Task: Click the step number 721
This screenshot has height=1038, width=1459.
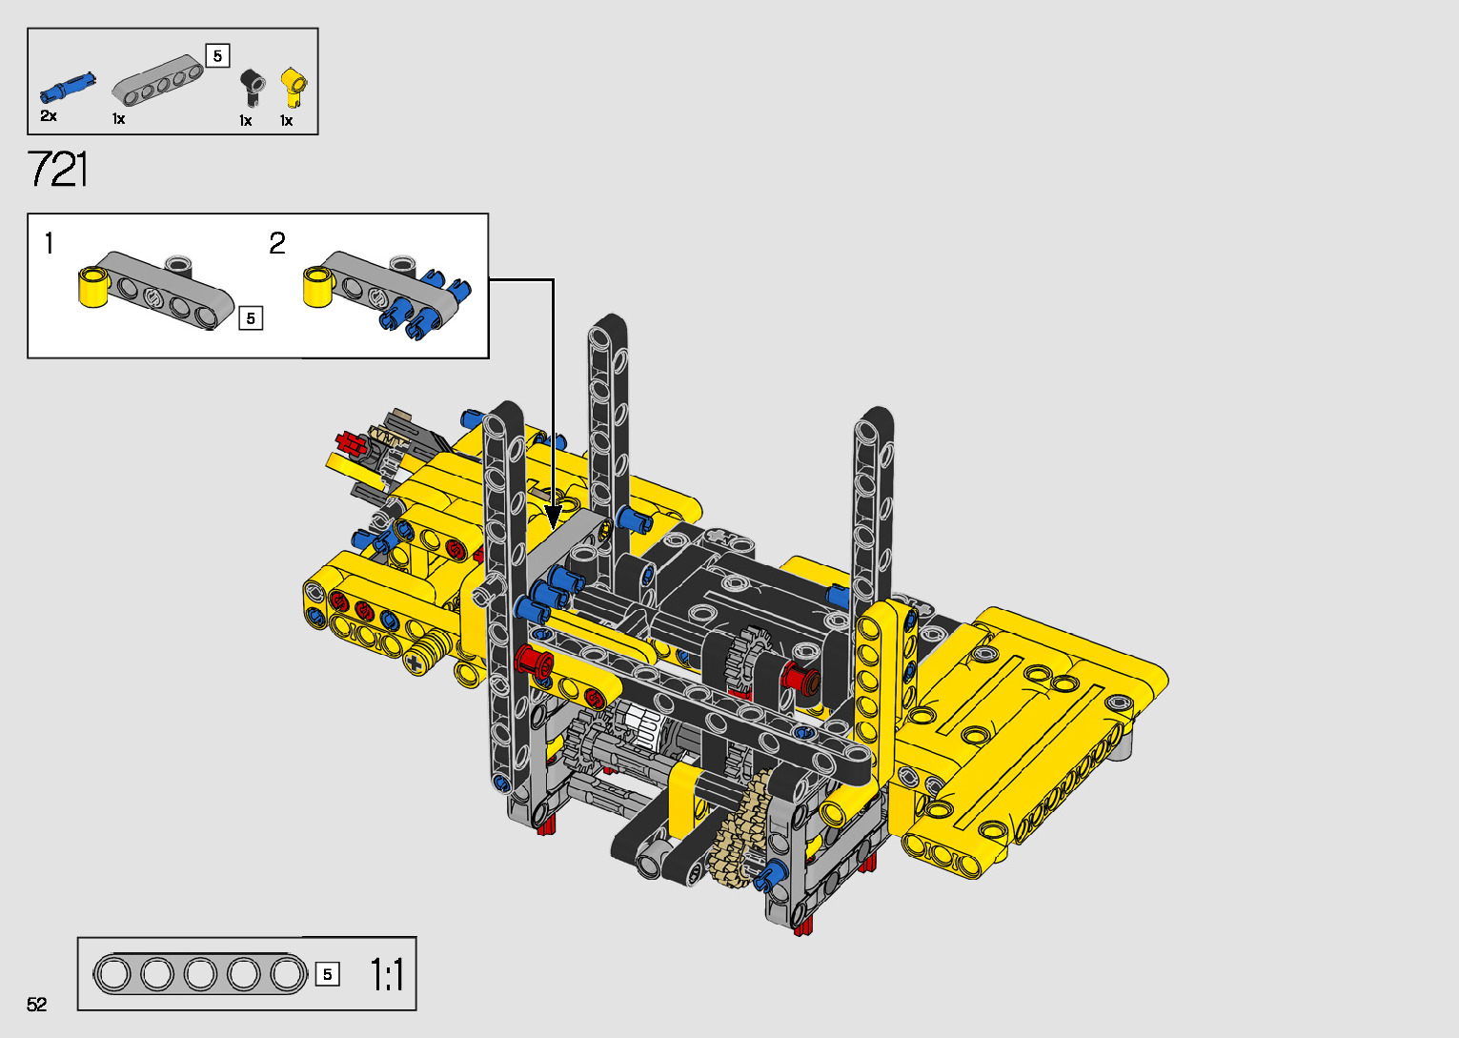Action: [57, 169]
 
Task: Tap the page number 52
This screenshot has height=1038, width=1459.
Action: [37, 1004]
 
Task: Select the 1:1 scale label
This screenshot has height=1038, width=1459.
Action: [387, 975]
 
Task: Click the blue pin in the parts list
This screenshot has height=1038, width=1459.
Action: [68, 88]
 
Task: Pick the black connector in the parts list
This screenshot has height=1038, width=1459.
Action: [253, 87]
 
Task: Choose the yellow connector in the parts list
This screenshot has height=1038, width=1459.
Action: [294, 88]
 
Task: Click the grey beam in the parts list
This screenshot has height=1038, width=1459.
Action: [157, 80]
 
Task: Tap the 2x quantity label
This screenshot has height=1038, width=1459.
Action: [49, 116]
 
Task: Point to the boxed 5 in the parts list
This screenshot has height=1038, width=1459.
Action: [217, 55]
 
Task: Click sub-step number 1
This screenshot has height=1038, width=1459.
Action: [49, 243]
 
